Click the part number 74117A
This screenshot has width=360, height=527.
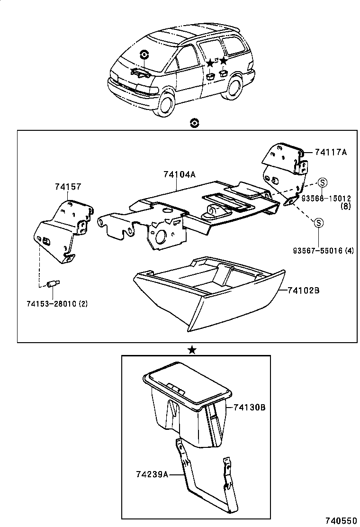tap(330, 152)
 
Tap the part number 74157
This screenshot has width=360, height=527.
tap(68, 188)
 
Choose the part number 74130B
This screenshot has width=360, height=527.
tap(249, 407)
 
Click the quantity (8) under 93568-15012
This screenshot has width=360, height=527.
tap(345, 206)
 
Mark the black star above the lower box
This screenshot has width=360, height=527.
tap(192, 350)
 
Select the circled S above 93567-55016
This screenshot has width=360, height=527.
tap(319, 223)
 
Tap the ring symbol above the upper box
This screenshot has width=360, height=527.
tap(193, 123)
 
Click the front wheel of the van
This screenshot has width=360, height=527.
tap(165, 104)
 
